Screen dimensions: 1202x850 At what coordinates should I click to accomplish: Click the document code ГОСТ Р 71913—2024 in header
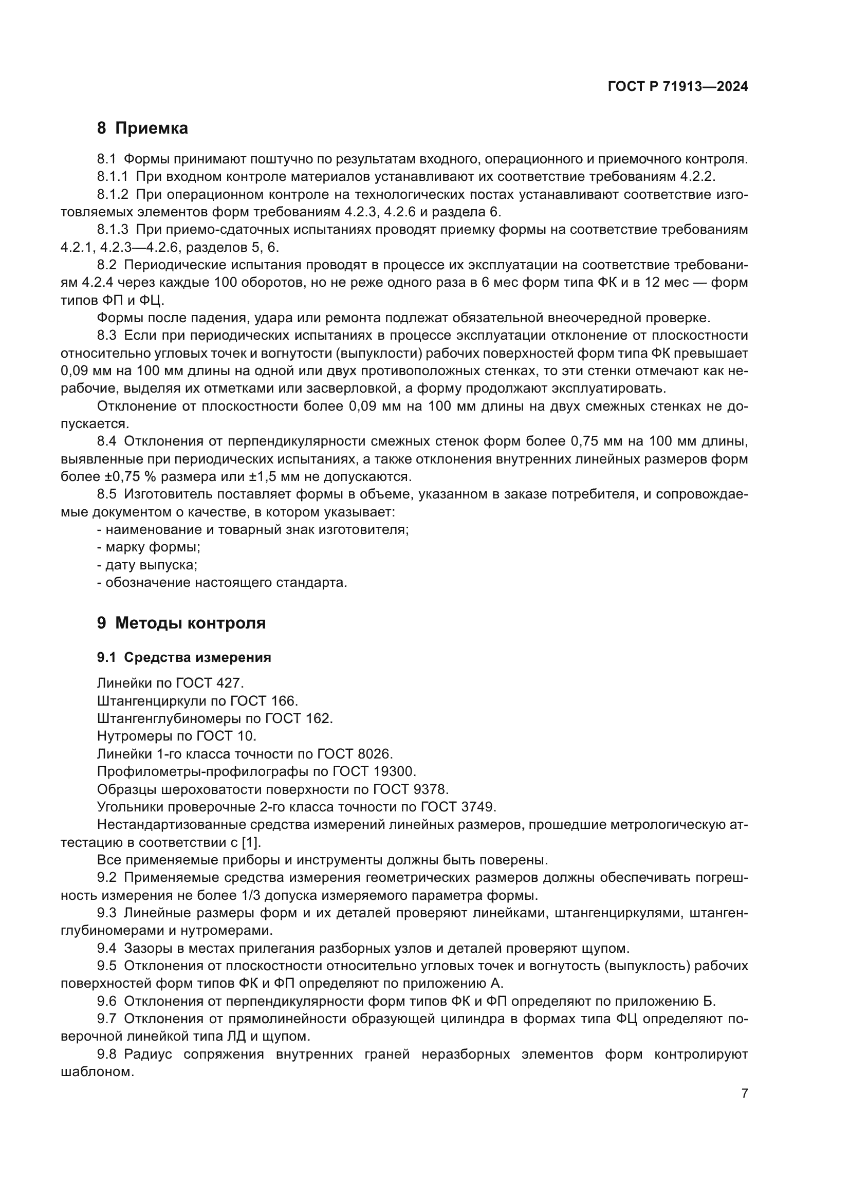[x=678, y=87]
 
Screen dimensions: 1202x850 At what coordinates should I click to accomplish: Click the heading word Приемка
[x=151, y=128]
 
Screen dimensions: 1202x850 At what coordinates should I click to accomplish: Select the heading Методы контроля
[x=190, y=623]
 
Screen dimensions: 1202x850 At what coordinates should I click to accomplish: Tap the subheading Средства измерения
[x=197, y=658]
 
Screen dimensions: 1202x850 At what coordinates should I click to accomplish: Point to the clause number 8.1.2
[x=112, y=195]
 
